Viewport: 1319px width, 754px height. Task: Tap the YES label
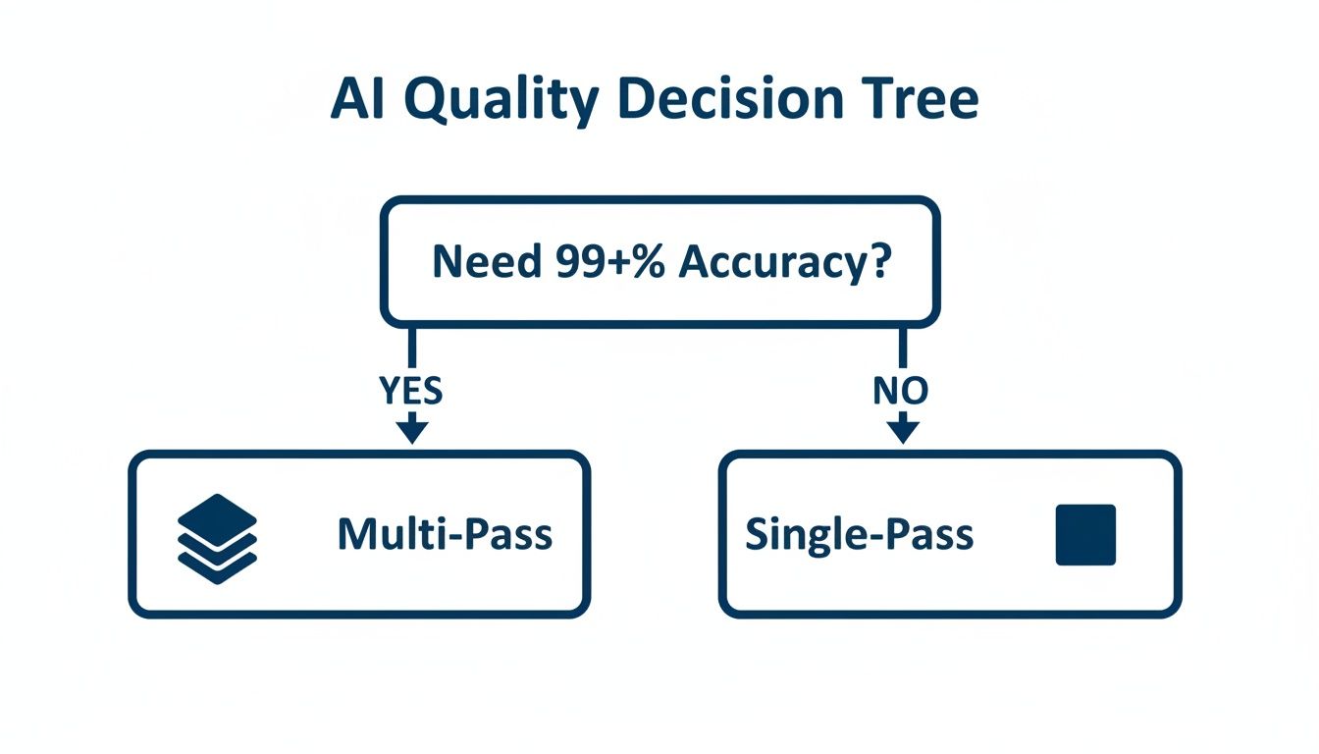pyautogui.click(x=411, y=392)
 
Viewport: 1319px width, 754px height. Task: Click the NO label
pyautogui.click(x=901, y=392)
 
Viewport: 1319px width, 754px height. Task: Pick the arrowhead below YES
pyautogui.click(x=411, y=430)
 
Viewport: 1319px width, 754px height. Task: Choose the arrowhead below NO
pyautogui.click(x=902, y=430)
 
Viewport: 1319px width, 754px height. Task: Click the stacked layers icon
pyautogui.click(x=217, y=534)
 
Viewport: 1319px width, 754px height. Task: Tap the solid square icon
pyautogui.click(x=1085, y=535)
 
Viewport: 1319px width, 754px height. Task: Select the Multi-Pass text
pyautogui.click(x=445, y=535)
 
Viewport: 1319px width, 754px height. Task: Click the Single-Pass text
pyautogui.click(x=859, y=535)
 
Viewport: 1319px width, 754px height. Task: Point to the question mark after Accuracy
pyautogui.click(x=879, y=262)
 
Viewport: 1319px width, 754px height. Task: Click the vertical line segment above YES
pyautogui.click(x=411, y=349)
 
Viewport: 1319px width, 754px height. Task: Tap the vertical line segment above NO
pyautogui.click(x=902, y=349)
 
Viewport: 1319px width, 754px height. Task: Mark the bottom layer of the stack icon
pyautogui.click(x=217, y=565)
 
